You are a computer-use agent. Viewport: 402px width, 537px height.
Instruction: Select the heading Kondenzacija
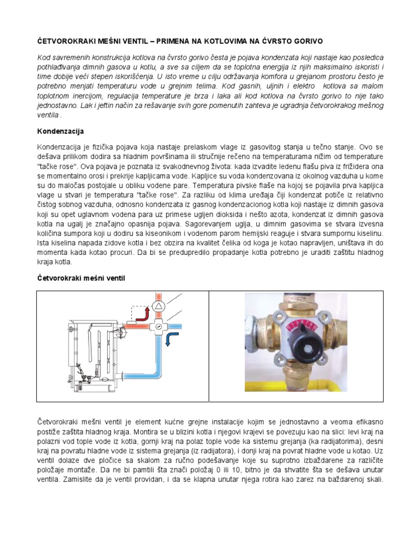pyautogui.click(x=61, y=131)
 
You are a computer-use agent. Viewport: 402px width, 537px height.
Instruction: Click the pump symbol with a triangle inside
pyautogui.click(x=158, y=307)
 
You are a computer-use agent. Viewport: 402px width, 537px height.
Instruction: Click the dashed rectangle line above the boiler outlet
pyautogui.click(x=138, y=307)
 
